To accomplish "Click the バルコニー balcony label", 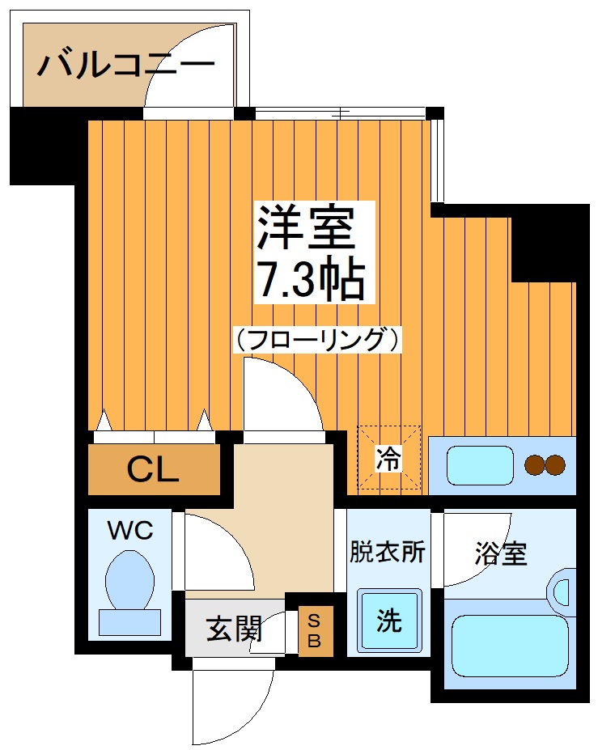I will click(126, 64).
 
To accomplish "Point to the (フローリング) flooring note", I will click(316, 340).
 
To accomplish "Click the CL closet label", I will click(153, 470).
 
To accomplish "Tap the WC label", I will click(130, 531).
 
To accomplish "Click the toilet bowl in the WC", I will click(129, 578).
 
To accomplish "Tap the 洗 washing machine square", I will click(389, 620).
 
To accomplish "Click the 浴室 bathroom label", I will click(500, 554).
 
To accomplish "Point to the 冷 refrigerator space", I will click(389, 459).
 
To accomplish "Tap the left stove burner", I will click(535, 465).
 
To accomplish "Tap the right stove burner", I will click(555, 465).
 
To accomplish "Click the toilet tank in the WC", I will click(129, 622).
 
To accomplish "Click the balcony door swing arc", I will click(190, 65).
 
